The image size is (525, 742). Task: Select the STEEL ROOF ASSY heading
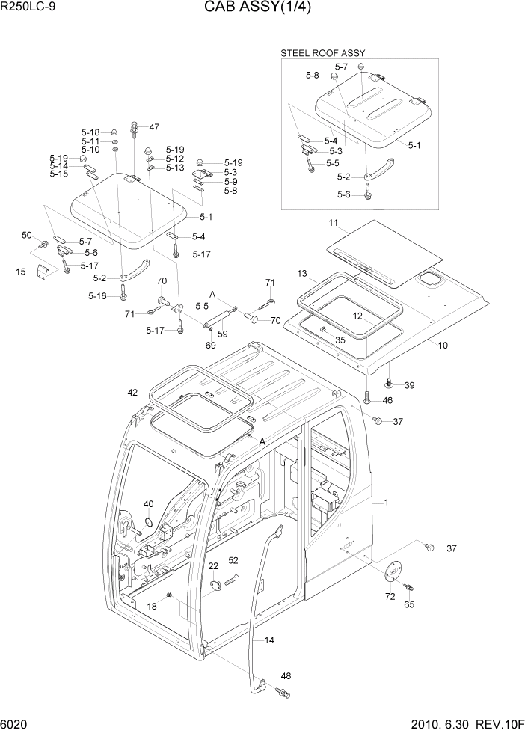322,53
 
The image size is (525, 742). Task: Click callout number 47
154,126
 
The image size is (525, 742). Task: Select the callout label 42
132,392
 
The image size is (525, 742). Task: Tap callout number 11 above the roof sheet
333,223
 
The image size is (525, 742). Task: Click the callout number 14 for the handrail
269,640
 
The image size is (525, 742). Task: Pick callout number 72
390,596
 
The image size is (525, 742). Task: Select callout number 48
286,676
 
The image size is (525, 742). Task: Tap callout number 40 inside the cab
148,503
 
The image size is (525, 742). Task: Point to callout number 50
27,235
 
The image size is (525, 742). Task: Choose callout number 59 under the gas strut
222,333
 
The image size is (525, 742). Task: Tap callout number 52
233,560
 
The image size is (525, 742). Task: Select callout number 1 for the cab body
386,502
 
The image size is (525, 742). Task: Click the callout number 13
302,273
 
